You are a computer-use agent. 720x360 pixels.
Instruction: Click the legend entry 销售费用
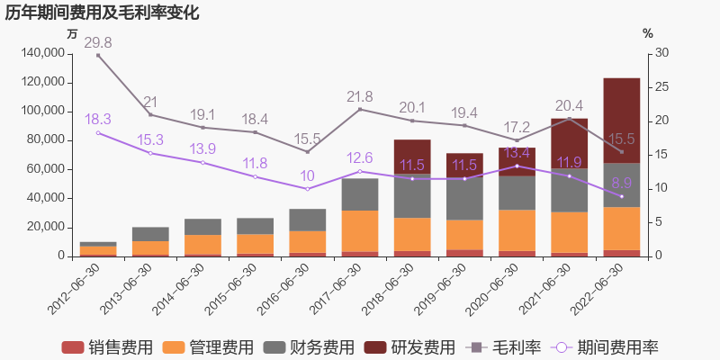(106, 347)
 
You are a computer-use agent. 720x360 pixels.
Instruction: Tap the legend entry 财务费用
(309, 347)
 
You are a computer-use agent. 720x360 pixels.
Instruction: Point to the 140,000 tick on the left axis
(40, 53)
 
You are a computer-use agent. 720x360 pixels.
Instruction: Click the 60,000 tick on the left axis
(44, 169)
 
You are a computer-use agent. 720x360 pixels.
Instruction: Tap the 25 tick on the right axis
(661, 87)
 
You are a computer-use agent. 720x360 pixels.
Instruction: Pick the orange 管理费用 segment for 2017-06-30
(360, 231)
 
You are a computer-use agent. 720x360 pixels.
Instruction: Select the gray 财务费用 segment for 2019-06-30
(464, 198)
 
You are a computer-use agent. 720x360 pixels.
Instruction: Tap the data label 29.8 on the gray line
(98, 42)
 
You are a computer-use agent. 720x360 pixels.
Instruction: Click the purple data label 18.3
(98, 119)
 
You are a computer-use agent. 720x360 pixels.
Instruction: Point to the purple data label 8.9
(621, 183)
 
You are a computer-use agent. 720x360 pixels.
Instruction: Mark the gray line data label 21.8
(360, 96)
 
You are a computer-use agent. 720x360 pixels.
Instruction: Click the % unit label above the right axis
(648, 34)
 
